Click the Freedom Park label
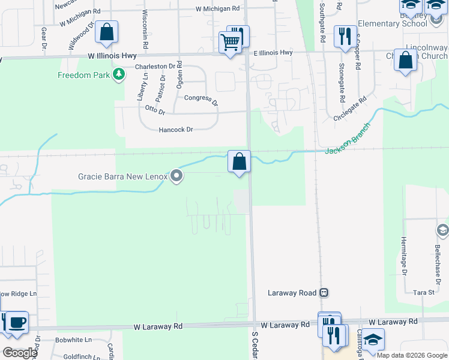click(x=83, y=75)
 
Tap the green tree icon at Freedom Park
click(x=120, y=74)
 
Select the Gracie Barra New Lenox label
click(x=122, y=176)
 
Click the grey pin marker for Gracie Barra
click(x=176, y=176)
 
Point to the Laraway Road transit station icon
click(x=324, y=293)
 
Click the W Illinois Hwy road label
click(x=112, y=55)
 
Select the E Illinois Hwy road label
click(x=273, y=53)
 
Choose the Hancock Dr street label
click(x=176, y=130)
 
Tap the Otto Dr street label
click(x=155, y=110)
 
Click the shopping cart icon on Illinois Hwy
click(x=230, y=43)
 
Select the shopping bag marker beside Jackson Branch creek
click(x=239, y=161)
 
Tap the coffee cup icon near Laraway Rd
click(x=16, y=322)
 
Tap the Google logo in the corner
click(x=20, y=353)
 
